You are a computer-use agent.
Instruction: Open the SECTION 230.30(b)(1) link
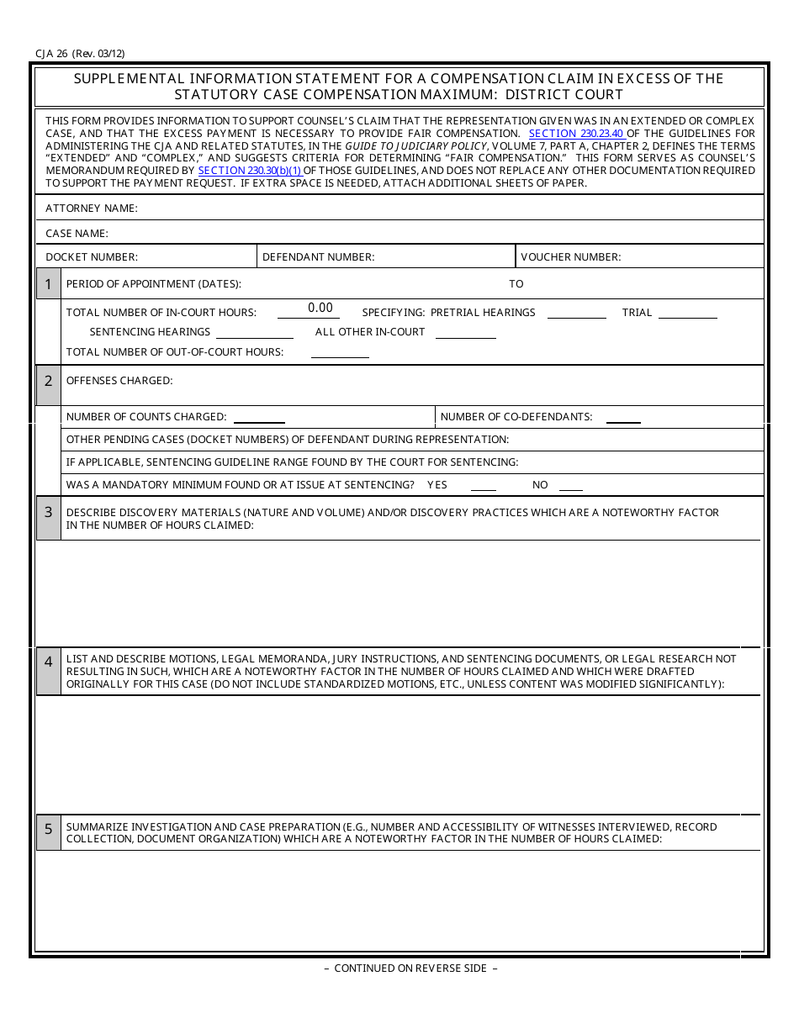250,171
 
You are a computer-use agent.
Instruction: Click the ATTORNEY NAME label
92,208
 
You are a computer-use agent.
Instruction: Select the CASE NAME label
77,233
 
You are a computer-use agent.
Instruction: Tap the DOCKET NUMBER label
92,257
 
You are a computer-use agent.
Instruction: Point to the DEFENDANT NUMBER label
318,257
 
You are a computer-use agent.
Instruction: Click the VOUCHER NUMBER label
570,257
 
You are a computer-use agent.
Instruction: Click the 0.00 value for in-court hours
320,309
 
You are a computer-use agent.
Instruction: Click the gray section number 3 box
49,518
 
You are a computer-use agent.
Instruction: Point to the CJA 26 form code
80,53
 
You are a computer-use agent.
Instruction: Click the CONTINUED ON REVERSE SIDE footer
410,968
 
